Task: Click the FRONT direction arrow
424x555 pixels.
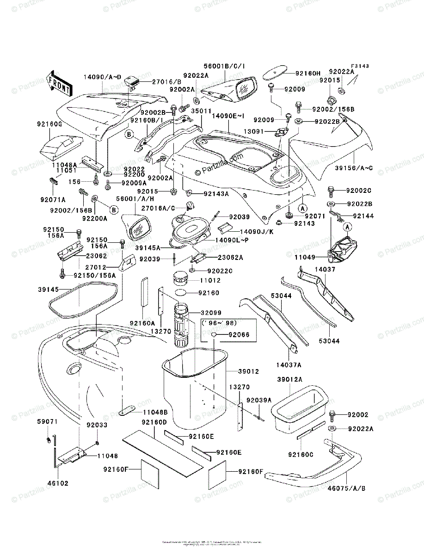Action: click(x=59, y=83)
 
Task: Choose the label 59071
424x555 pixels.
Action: click(x=47, y=422)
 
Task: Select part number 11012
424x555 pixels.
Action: click(x=210, y=280)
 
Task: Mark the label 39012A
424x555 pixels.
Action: click(x=290, y=379)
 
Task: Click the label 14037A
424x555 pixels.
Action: click(x=290, y=365)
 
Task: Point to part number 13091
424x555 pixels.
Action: click(x=254, y=132)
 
